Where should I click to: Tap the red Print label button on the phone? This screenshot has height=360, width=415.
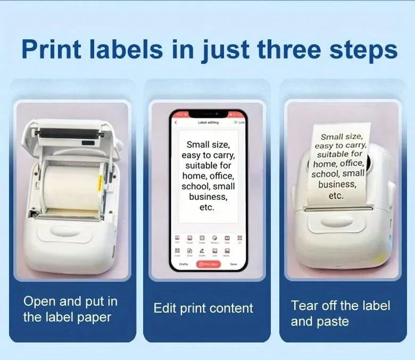[208, 264]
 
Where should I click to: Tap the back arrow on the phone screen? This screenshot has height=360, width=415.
[176, 122]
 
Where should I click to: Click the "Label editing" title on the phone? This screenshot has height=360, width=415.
[208, 122]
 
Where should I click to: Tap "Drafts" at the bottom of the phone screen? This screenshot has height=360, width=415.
[183, 264]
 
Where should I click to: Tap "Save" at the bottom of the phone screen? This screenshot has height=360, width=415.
[233, 264]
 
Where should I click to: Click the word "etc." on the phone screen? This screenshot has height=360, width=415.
[206, 207]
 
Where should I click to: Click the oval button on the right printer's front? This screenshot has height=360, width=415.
[334, 222]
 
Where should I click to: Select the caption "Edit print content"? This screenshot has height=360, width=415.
[203, 308]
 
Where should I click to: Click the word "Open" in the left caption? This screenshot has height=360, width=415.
[39, 301]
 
